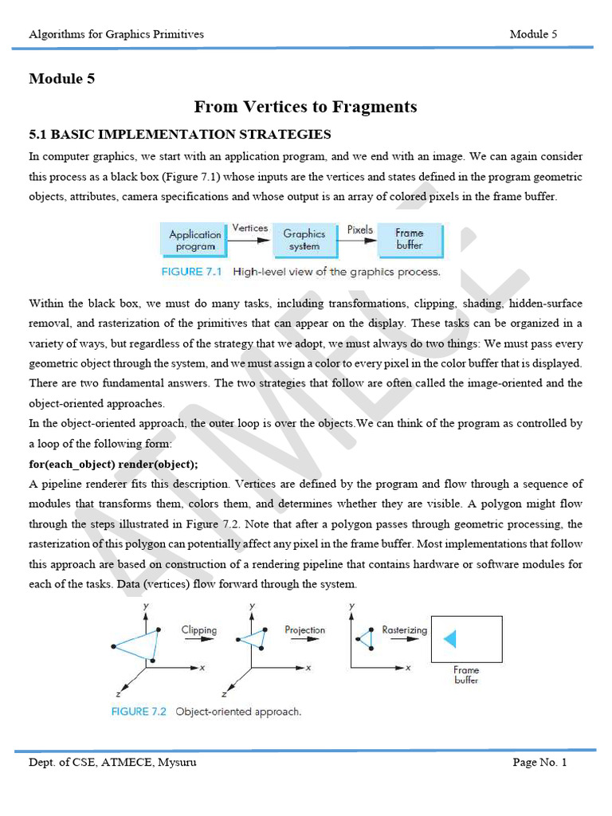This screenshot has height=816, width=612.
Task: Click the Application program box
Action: tap(195, 240)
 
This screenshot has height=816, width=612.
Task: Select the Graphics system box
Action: tap(304, 240)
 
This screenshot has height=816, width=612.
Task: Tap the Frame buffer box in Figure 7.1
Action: tap(410, 239)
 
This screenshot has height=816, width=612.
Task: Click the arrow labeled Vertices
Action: tap(250, 237)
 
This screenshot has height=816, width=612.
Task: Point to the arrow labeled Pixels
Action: tap(360, 238)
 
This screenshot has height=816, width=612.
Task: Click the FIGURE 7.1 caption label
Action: tap(194, 272)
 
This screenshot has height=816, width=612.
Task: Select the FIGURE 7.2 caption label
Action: tap(139, 712)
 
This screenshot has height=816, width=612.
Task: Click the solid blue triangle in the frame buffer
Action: tap(449, 639)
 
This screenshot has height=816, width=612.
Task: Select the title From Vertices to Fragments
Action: tap(305, 107)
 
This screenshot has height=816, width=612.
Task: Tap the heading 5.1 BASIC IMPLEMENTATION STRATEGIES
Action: tap(180, 134)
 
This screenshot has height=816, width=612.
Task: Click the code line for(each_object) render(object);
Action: tap(114, 464)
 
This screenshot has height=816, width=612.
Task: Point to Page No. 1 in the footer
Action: tap(539, 763)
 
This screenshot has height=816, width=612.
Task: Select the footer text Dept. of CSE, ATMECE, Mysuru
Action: tap(112, 763)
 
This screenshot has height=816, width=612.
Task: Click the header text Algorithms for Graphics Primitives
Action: tap(116, 34)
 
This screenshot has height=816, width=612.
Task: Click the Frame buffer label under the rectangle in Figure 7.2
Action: tap(466, 675)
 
